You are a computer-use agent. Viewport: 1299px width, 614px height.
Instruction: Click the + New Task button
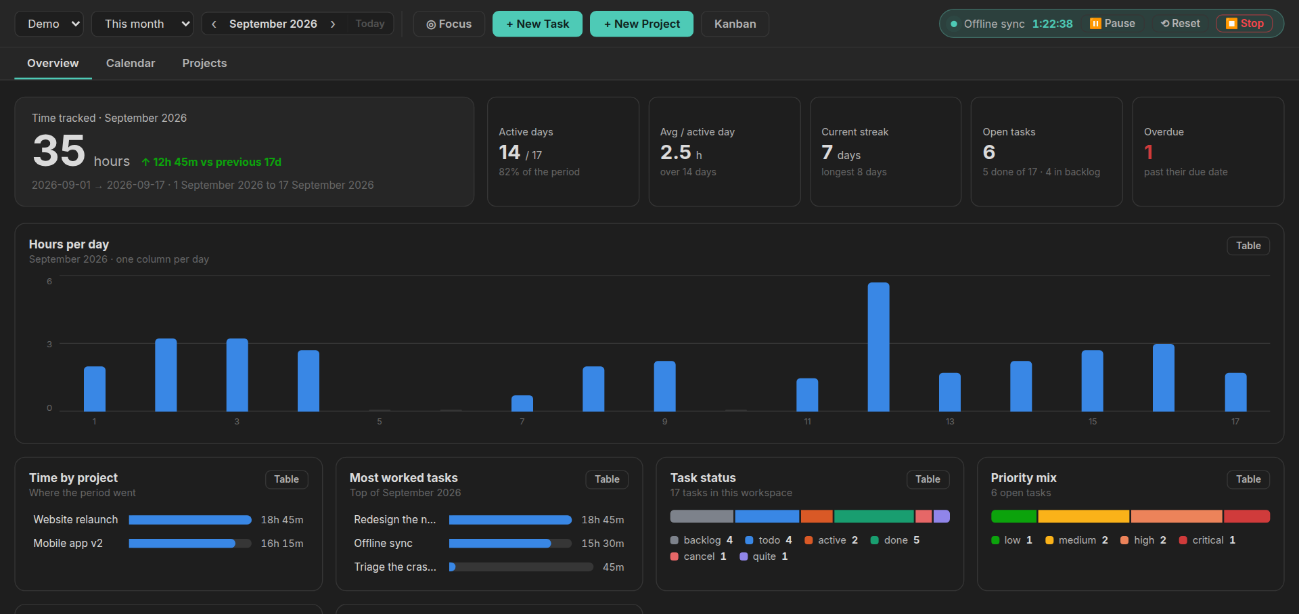coord(537,24)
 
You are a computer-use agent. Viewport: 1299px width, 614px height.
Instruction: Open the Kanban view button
coord(735,24)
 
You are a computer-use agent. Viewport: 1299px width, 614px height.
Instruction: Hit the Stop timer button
coord(1244,24)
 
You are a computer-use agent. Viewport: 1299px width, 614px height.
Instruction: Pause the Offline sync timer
coord(1112,24)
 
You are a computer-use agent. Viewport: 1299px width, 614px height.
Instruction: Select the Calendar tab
coord(131,63)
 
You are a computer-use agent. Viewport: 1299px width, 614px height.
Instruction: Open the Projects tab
coord(204,63)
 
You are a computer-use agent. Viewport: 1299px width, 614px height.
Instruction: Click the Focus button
coord(449,24)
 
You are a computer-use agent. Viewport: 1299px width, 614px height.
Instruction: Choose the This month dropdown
coord(142,24)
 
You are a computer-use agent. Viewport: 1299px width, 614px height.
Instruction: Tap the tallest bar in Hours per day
coord(878,347)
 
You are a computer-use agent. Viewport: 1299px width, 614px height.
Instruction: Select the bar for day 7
coord(522,403)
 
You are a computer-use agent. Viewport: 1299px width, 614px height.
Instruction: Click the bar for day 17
coord(1235,392)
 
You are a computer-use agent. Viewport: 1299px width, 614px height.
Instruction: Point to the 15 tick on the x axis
coord(1093,422)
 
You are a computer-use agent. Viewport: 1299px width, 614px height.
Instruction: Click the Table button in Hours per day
coord(1248,246)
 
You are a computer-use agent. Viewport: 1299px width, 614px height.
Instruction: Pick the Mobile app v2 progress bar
coord(190,544)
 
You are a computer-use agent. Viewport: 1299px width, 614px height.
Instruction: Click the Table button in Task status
coord(928,479)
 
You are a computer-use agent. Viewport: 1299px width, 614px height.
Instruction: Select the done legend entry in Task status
coord(895,540)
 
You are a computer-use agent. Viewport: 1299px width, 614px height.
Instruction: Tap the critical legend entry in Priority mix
coord(1208,540)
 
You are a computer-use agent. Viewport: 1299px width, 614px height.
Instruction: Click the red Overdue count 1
coord(1148,152)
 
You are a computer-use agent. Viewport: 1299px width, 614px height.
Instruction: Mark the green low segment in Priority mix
coord(1013,517)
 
